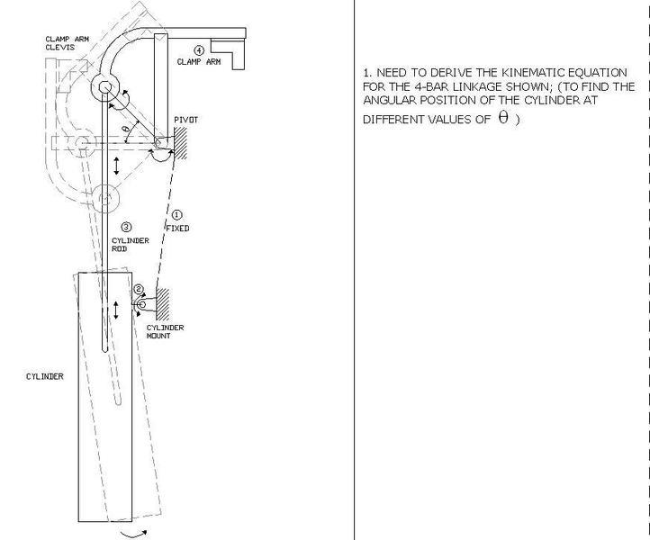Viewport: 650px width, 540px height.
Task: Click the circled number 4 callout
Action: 199,50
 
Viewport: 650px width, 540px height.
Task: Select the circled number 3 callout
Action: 126,227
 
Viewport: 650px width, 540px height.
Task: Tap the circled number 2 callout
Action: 139,289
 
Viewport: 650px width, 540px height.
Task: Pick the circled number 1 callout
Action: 176,215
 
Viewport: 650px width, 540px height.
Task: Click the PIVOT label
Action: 185,120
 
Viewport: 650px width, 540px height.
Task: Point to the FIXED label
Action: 178,229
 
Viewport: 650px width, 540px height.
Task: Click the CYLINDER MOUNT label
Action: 165,331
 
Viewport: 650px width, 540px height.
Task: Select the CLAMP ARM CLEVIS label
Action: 68,43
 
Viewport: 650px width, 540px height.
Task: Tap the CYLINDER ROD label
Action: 131,245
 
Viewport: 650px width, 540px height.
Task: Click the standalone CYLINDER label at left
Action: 45,376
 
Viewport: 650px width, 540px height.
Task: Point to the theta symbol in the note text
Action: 503,118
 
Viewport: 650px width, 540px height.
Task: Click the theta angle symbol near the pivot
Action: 126,129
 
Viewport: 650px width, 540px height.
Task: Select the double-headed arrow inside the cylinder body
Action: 116,310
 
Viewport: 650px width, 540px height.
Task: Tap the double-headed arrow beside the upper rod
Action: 116,166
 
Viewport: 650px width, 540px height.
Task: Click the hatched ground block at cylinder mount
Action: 162,304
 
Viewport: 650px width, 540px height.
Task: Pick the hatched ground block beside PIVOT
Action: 180,143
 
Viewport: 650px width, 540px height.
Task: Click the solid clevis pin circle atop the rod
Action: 105,87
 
